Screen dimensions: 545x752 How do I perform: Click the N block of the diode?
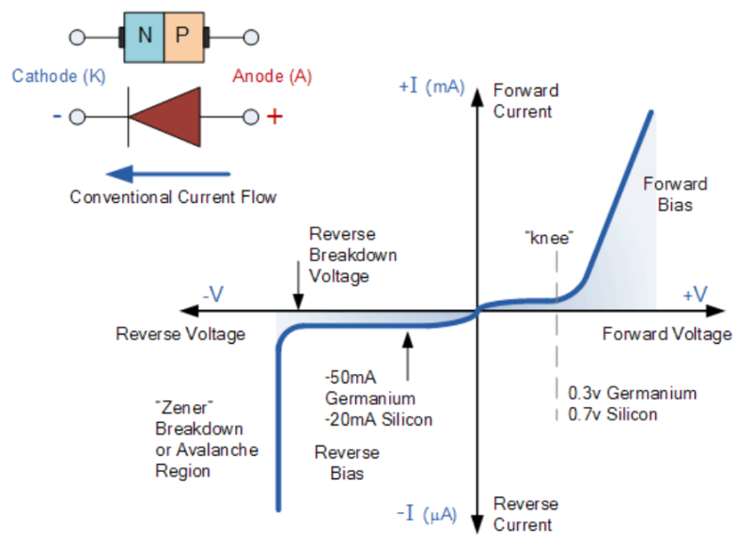144,38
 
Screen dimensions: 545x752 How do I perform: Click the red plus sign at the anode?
274,117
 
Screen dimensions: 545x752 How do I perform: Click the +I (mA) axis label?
431,86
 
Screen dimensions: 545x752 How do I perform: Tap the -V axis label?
212,294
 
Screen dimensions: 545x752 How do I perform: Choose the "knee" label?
551,237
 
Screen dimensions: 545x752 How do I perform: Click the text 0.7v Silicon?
613,413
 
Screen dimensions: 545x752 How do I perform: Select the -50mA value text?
347,380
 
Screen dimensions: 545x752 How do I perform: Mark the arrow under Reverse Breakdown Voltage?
298,283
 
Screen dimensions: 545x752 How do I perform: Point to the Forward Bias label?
675,194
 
